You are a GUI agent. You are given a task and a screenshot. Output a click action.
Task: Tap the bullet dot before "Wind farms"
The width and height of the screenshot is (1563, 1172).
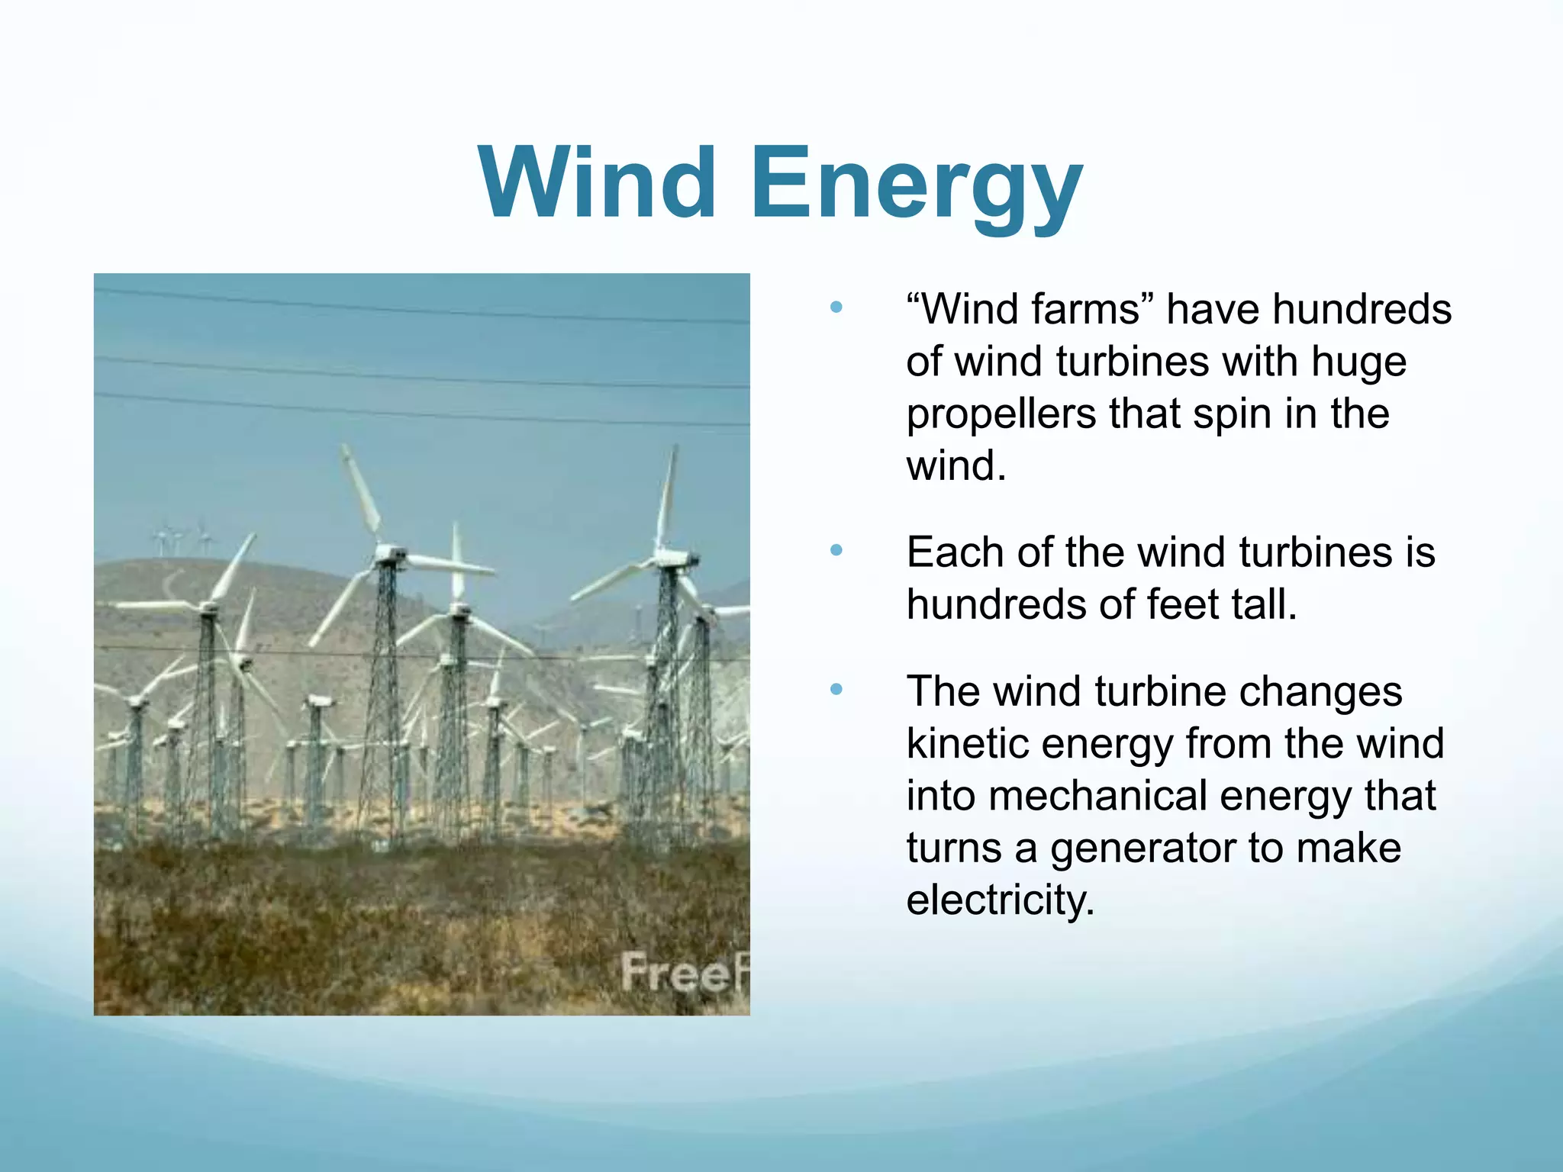point(836,308)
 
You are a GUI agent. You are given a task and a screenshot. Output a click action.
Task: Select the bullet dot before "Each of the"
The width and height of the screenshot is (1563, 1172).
point(836,550)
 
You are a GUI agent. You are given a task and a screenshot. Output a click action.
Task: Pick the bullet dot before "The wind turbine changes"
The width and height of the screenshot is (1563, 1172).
point(836,690)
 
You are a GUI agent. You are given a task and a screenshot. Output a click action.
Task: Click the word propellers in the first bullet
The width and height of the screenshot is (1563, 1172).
point(1001,414)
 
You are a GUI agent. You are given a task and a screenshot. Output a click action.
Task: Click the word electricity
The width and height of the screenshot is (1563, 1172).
point(1000,900)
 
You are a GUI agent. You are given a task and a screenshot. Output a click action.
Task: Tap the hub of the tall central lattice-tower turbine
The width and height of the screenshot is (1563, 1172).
point(389,553)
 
